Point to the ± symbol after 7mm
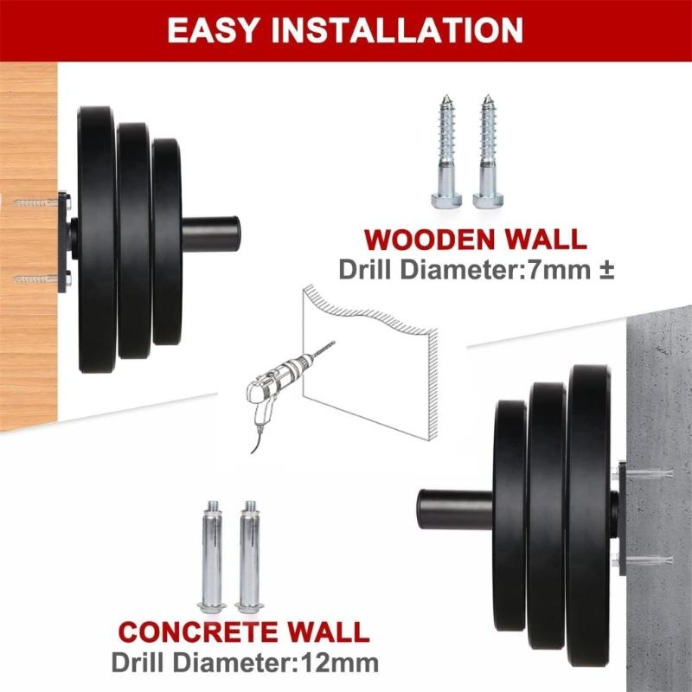(605, 269)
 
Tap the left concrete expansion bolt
(211, 554)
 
